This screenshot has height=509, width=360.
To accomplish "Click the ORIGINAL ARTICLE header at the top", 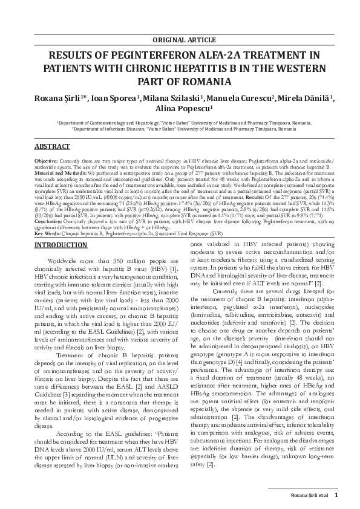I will point(180,40).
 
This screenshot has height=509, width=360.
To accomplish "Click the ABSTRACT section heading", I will point(52,147).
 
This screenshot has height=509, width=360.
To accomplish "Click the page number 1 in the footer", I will point(337,494).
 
